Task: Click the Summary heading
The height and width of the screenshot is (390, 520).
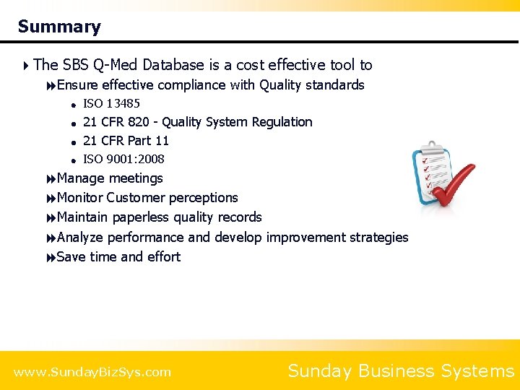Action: click(x=59, y=27)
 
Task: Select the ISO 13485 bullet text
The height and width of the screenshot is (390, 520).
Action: click(x=111, y=104)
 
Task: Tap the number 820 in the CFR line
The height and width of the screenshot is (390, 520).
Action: click(x=139, y=122)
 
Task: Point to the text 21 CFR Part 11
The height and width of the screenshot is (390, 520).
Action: click(x=126, y=141)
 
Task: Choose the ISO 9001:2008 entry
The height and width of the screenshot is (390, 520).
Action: click(x=123, y=160)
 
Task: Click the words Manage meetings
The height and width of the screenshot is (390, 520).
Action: click(x=110, y=178)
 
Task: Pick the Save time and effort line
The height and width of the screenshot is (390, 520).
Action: click(x=118, y=257)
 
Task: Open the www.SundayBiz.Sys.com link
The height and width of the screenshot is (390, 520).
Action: click(x=92, y=372)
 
